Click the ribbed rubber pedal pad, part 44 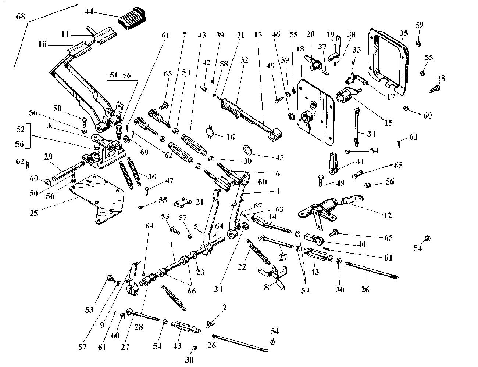coord(132,19)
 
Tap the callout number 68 coord(21,16)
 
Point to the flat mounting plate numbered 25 coord(97,199)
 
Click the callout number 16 coord(231,137)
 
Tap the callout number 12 coord(388,215)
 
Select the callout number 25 coord(34,213)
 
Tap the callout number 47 coord(169,181)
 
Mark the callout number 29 coord(48,156)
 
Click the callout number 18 coord(300,49)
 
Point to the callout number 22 coord(242,267)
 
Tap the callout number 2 coord(224,308)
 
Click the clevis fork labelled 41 coord(333,164)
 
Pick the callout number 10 coord(42,44)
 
